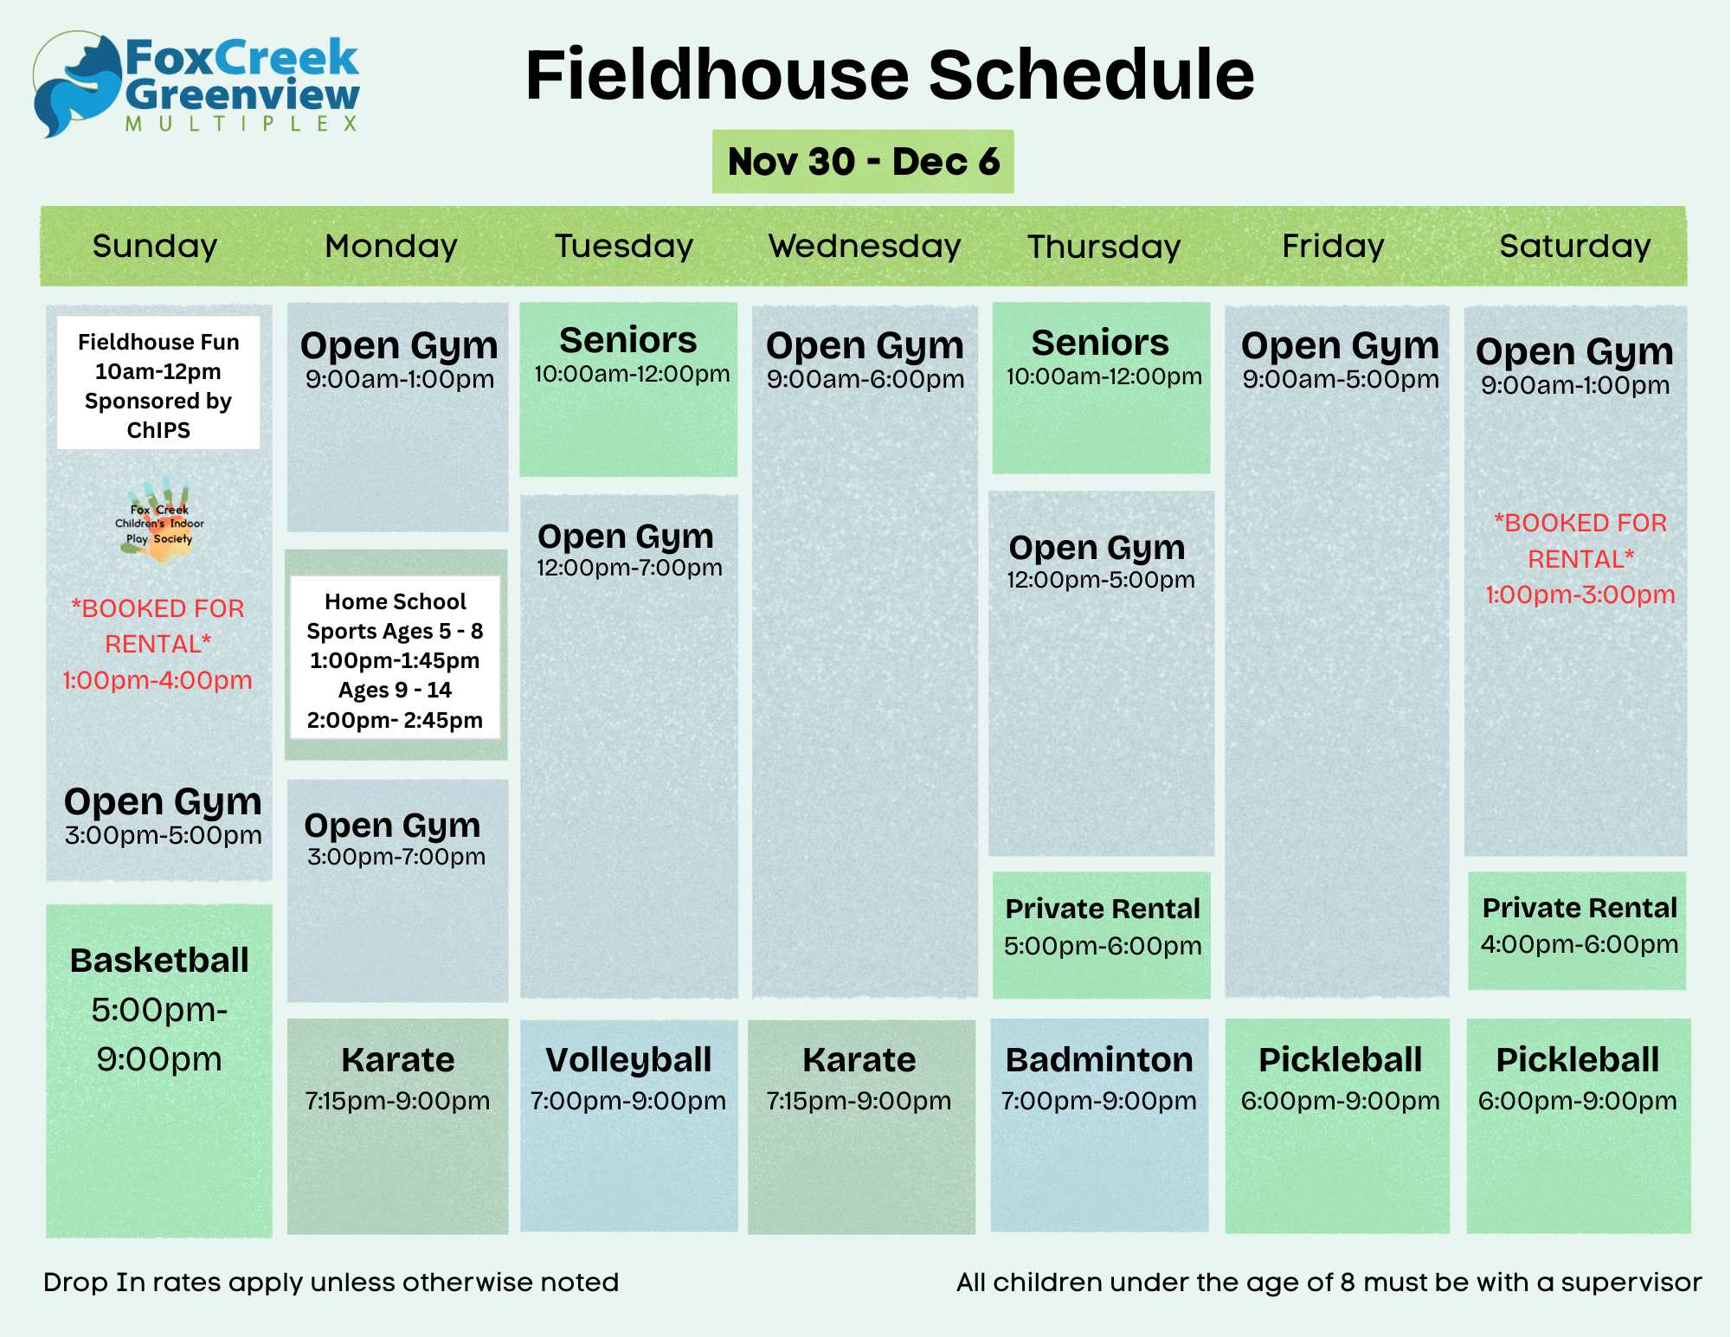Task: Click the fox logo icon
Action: click(x=78, y=85)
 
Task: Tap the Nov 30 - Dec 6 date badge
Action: click(x=863, y=162)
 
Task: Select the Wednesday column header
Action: click(x=865, y=247)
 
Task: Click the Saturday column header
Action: click(x=1575, y=247)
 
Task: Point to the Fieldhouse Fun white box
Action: click(x=158, y=383)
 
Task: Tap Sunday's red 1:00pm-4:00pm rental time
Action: click(x=158, y=680)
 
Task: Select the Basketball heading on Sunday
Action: click(x=159, y=961)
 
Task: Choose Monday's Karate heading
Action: click(x=398, y=1060)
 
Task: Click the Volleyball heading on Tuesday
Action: click(x=628, y=1061)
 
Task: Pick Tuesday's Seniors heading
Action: click(x=628, y=340)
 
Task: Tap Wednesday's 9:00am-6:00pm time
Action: click(x=865, y=379)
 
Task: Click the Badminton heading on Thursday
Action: click(x=1099, y=1060)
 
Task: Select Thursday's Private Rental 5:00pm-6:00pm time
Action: click(x=1103, y=946)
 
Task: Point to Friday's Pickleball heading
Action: click(x=1341, y=1060)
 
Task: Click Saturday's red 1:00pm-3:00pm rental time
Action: click(x=1580, y=595)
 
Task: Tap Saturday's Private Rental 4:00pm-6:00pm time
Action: click(x=1580, y=944)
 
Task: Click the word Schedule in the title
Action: click(x=1091, y=75)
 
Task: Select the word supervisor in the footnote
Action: click(x=1631, y=1282)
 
